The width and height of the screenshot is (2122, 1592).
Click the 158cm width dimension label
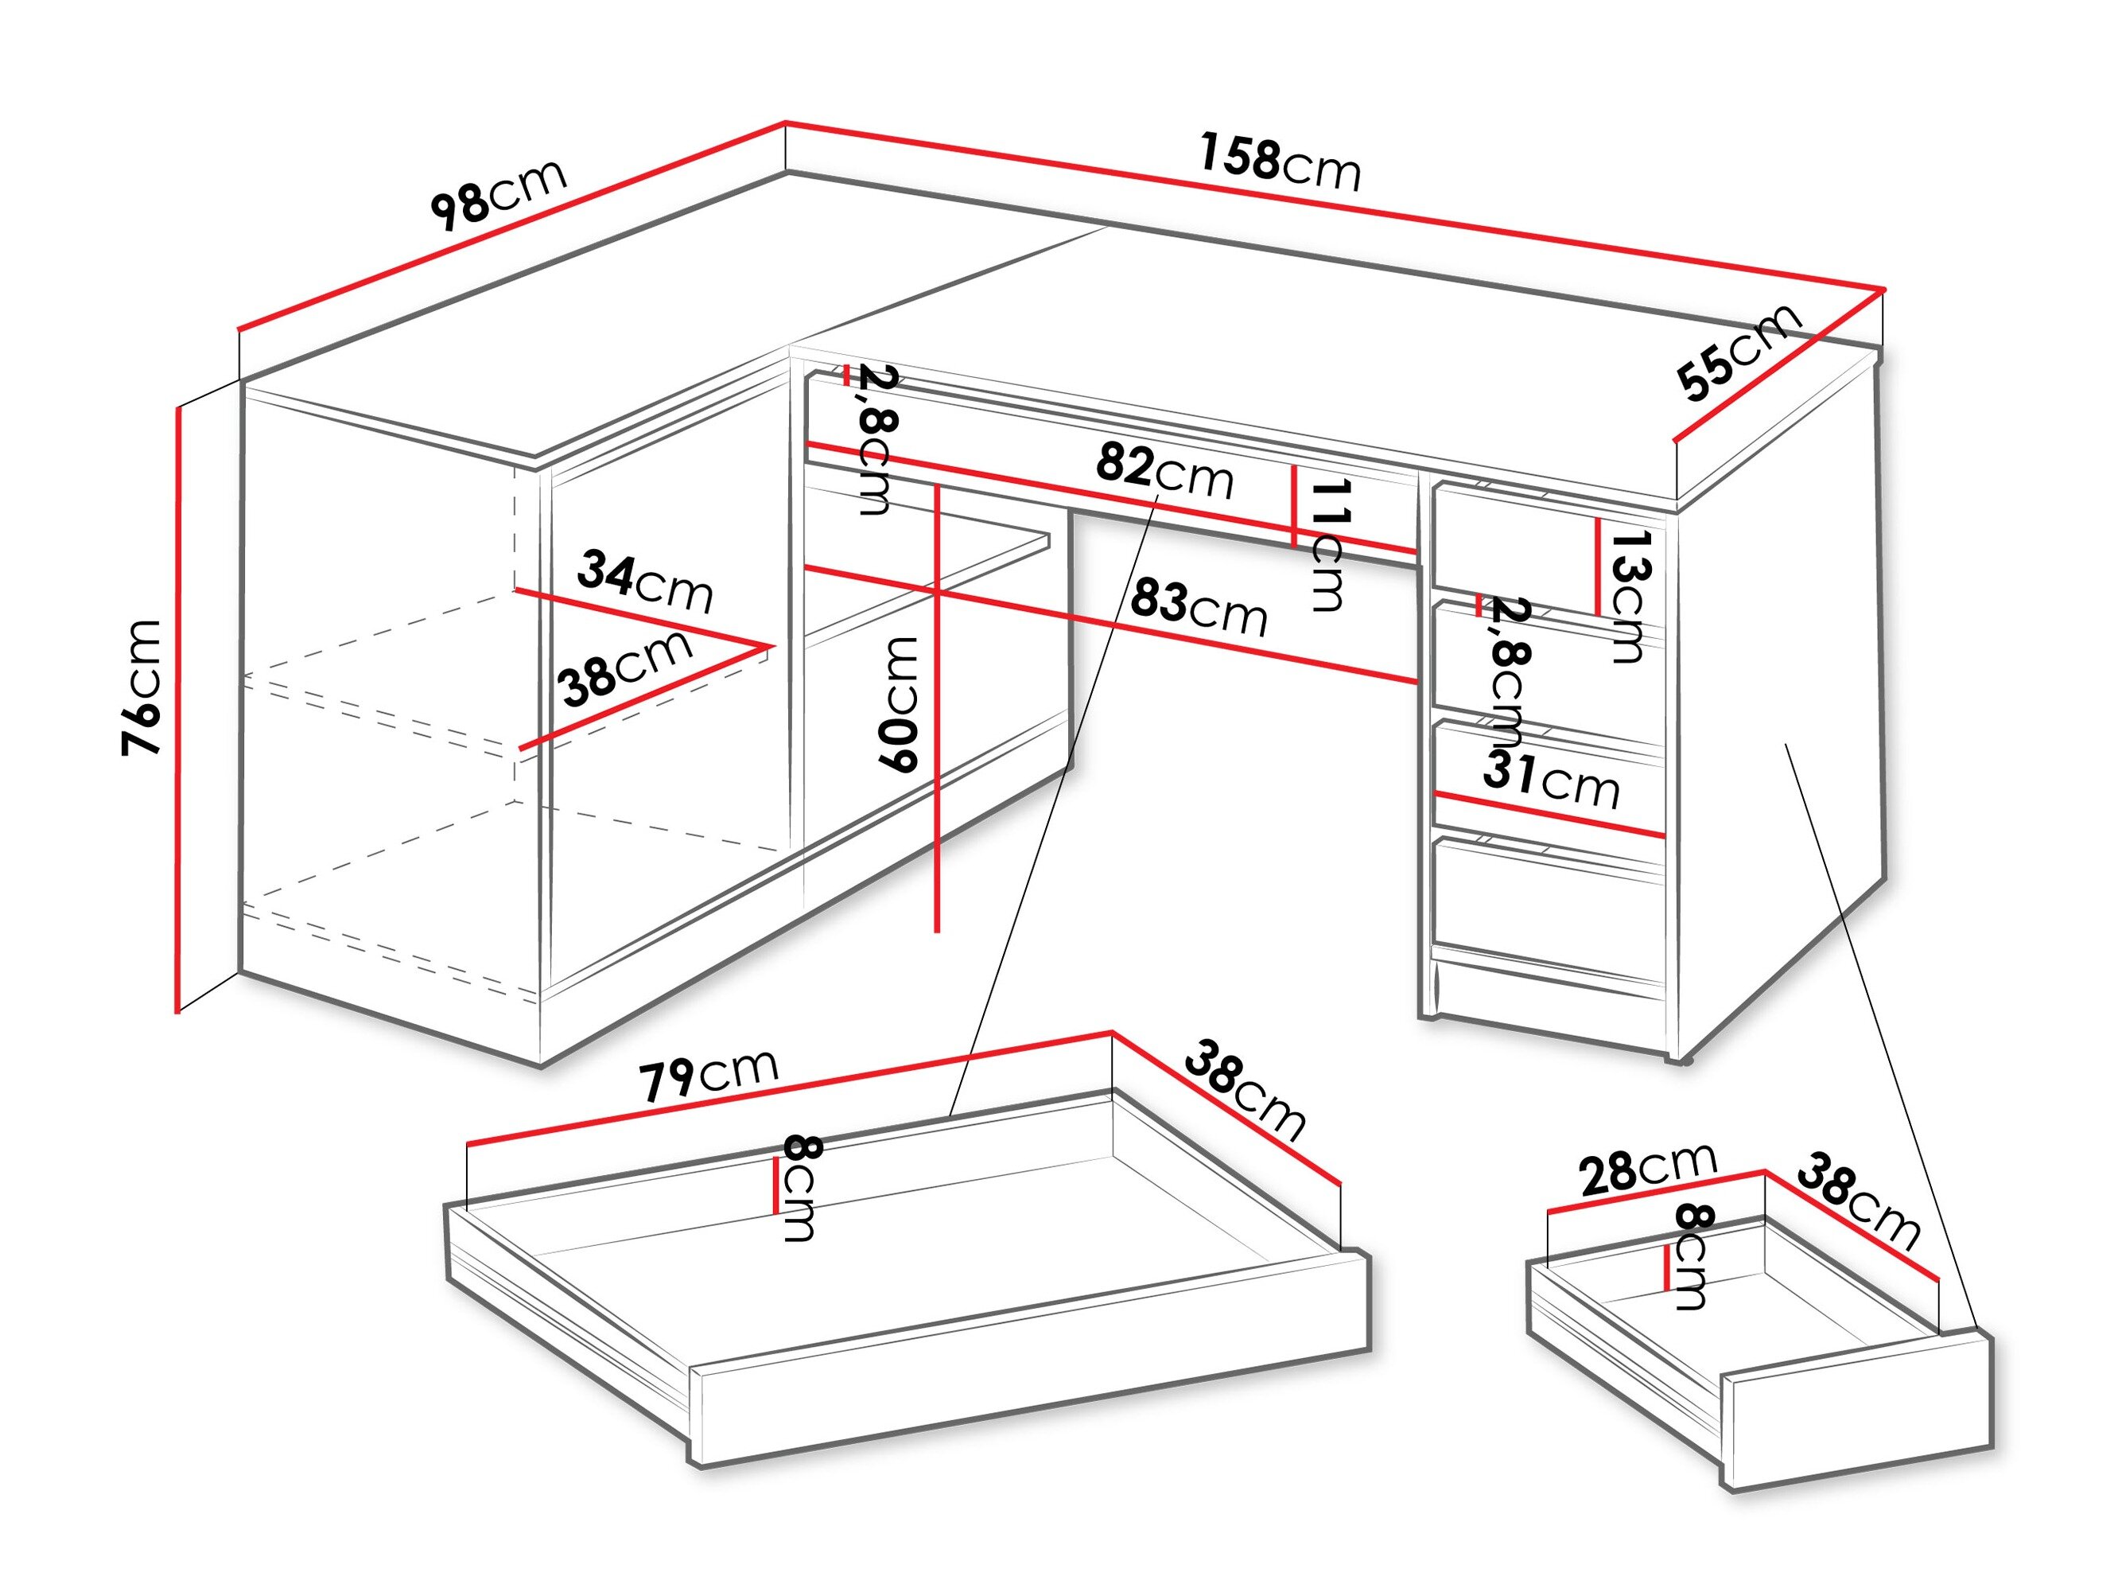tap(1280, 164)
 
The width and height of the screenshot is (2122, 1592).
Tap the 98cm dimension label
tap(499, 196)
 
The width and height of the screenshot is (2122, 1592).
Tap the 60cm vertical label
tap(899, 703)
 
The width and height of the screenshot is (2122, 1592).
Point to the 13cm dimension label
tap(1628, 596)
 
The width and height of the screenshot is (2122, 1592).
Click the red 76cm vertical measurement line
tap(178, 710)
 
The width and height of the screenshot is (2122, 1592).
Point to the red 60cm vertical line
tap(937, 710)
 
